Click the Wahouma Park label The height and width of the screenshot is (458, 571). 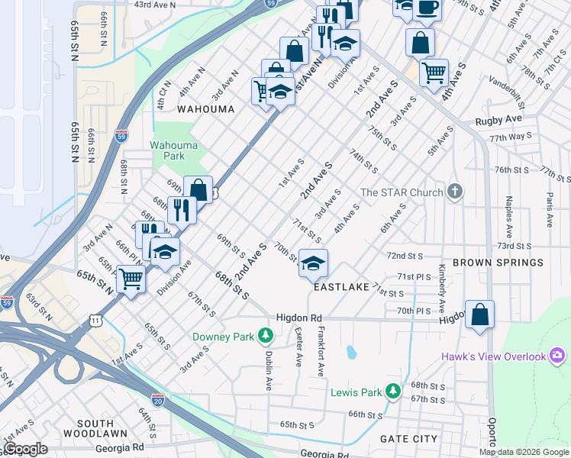(167, 150)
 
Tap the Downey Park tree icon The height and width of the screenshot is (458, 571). (266, 335)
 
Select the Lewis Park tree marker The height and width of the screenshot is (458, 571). (393, 392)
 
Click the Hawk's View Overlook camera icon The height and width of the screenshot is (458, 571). (557, 356)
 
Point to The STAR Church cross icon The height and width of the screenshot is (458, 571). (455, 192)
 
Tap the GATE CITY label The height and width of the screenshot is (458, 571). (409, 439)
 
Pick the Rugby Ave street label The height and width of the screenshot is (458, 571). (498, 120)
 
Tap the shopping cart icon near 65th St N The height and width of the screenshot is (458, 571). (131, 279)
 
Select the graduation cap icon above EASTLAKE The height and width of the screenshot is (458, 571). (313, 263)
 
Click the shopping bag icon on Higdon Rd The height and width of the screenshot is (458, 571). (479, 314)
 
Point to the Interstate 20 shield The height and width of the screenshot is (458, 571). (157, 400)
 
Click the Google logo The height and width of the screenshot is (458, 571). (26, 449)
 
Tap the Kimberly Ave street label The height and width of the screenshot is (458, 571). (442, 290)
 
